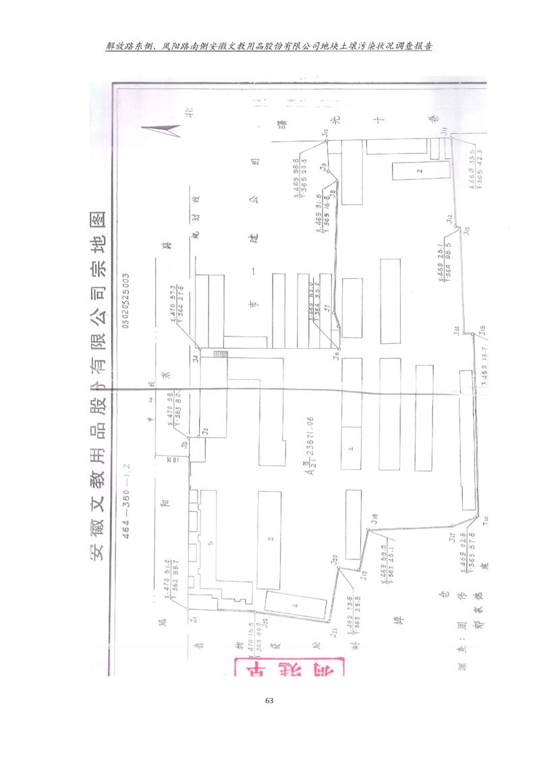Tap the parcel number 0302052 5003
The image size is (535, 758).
point(126,298)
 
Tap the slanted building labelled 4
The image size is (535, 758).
point(295,605)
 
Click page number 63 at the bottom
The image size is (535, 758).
point(268,700)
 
